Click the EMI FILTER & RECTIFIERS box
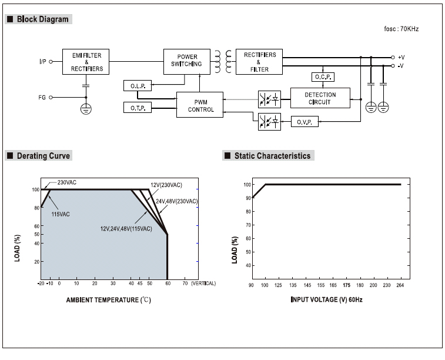(86, 62)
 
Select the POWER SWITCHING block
(187, 62)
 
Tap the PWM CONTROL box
(200, 105)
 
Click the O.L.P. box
(138, 86)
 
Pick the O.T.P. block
(138, 108)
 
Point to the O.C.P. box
(323, 77)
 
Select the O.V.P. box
(305, 122)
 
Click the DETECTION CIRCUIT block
(320, 98)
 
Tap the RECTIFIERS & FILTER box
(259, 62)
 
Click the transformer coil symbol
(223, 61)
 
